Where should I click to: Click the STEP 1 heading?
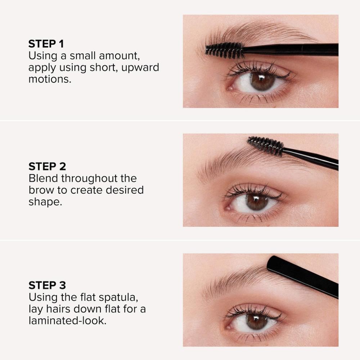point(46,44)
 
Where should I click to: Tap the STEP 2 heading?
point(47,166)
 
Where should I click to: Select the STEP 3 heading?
point(47,285)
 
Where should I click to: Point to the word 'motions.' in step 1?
point(50,79)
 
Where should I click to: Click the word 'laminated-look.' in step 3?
point(67,320)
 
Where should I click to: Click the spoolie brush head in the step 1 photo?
point(225,50)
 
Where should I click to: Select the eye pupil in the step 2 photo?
point(257,201)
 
